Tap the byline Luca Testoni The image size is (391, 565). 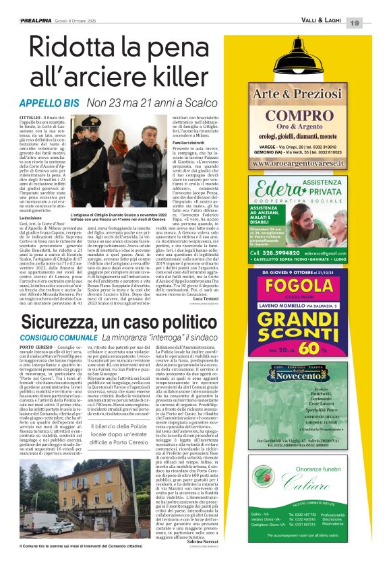[222, 298]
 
